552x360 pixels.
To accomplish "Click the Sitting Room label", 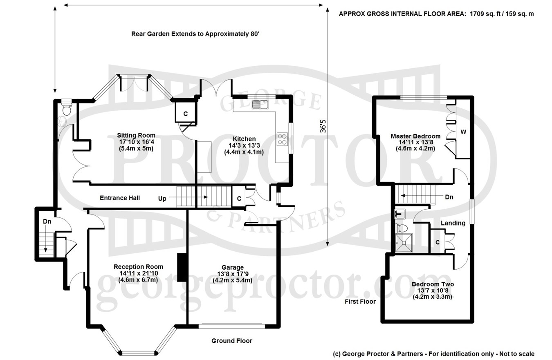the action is tap(136, 135).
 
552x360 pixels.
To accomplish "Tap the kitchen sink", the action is tap(260, 105).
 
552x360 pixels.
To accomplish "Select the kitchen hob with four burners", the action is tap(282, 139).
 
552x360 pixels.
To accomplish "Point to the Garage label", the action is tap(232, 267).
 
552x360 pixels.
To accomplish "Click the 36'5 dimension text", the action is tap(323, 126).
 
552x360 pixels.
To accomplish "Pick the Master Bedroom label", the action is tap(415, 136).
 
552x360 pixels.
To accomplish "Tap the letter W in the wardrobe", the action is tap(463, 132).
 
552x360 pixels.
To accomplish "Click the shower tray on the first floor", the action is tap(404, 243).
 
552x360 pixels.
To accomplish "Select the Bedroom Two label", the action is tap(433, 284).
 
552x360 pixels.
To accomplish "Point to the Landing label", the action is tap(453, 223).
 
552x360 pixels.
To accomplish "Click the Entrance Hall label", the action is tap(120, 198).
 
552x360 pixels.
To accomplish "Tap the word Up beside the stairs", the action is tap(162, 199).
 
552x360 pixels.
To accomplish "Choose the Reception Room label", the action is tap(138, 267).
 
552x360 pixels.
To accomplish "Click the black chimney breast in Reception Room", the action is tap(182, 267).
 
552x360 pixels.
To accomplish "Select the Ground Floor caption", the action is tap(232, 341).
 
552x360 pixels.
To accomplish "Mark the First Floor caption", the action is tap(360, 302).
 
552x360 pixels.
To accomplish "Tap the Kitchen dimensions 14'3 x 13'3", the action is tap(244, 145).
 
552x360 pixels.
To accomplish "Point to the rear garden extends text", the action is tap(195, 34).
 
